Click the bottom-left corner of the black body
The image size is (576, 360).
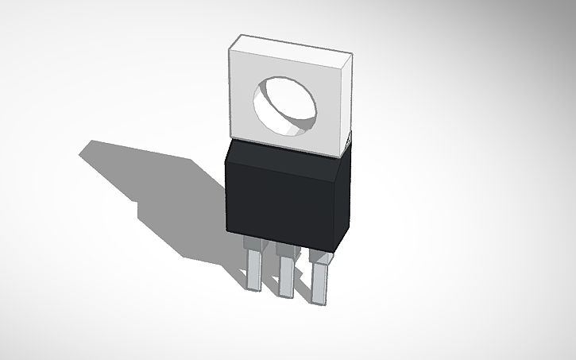pyautogui.click(x=227, y=230)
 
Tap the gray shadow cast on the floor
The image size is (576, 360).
pyautogui.click(x=159, y=191)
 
